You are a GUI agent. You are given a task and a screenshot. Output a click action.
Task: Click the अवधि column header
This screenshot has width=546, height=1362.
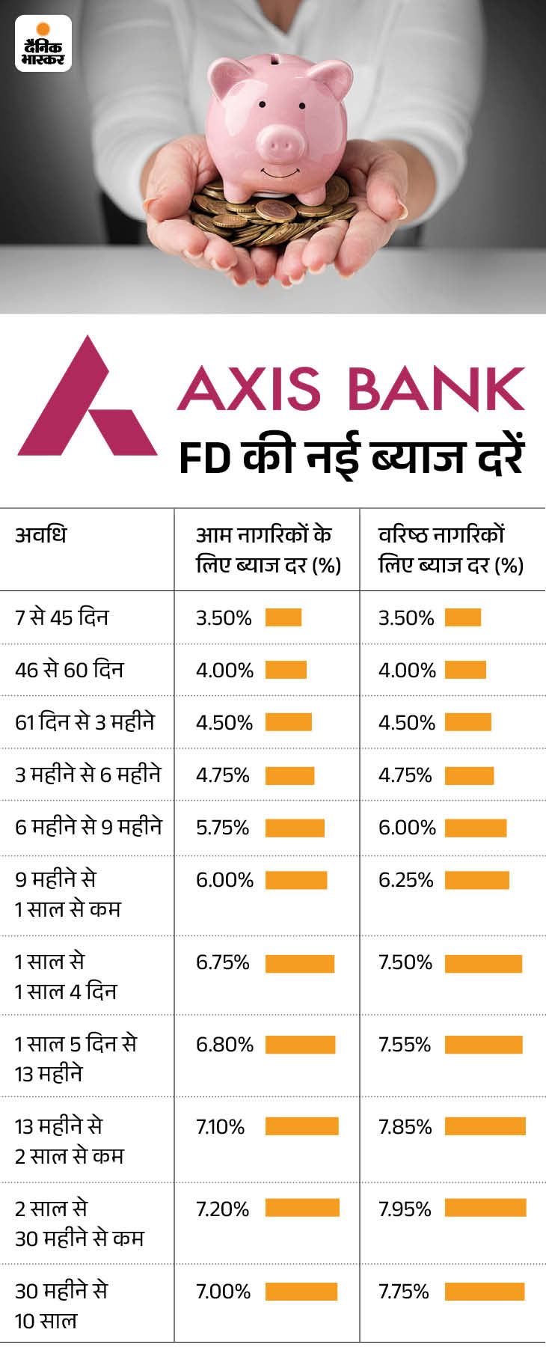click(x=40, y=534)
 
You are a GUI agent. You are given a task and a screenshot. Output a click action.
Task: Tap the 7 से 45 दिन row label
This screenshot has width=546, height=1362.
click(x=62, y=617)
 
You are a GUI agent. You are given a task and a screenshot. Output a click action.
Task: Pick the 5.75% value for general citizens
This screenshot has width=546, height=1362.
click(x=222, y=827)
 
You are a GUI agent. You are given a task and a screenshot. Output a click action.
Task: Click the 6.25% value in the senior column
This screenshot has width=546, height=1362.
click(x=405, y=879)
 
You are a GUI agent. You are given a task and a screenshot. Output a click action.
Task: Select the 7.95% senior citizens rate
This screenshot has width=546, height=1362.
click(x=405, y=1209)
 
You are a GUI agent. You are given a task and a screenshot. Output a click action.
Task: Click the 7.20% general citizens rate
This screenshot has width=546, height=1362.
click(x=222, y=1209)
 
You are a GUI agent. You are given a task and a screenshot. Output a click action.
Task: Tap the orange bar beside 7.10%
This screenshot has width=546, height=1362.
click(x=301, y=1126)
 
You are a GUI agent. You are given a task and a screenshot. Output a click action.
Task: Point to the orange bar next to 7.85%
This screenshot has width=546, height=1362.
click(x=485, y=1126)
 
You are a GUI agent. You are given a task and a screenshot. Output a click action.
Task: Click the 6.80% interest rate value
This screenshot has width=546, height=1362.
click(x=224, y=1044)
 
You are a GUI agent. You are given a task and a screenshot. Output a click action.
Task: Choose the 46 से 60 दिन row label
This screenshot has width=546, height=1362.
click(x=69, y=670)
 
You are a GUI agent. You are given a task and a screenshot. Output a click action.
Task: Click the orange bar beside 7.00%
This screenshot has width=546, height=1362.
click(x=301, y=1291)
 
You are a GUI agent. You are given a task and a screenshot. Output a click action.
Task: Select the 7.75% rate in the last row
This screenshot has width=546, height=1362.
click(x=404, y=1291)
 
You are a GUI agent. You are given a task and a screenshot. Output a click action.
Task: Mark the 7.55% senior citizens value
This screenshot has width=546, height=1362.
click(x=405, y=1044)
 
